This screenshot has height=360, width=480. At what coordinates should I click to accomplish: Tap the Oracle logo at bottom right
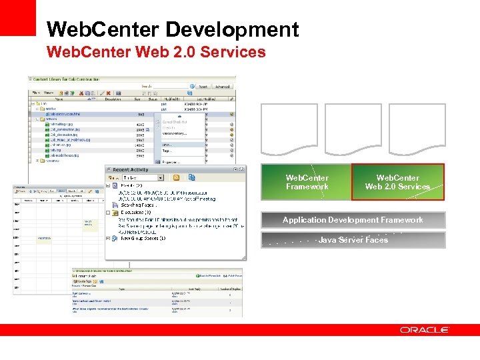425,330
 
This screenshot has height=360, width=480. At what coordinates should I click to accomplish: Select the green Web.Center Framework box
306,182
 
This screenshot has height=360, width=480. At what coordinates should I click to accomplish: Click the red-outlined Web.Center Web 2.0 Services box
397,182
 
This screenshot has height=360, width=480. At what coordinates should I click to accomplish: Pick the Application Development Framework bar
353,220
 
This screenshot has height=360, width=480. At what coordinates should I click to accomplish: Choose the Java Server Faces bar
353,240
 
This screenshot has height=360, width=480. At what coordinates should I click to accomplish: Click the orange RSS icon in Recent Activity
177,178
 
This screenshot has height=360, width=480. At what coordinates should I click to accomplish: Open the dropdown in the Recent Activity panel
161,178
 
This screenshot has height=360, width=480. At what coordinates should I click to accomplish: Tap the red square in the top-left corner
17,17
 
